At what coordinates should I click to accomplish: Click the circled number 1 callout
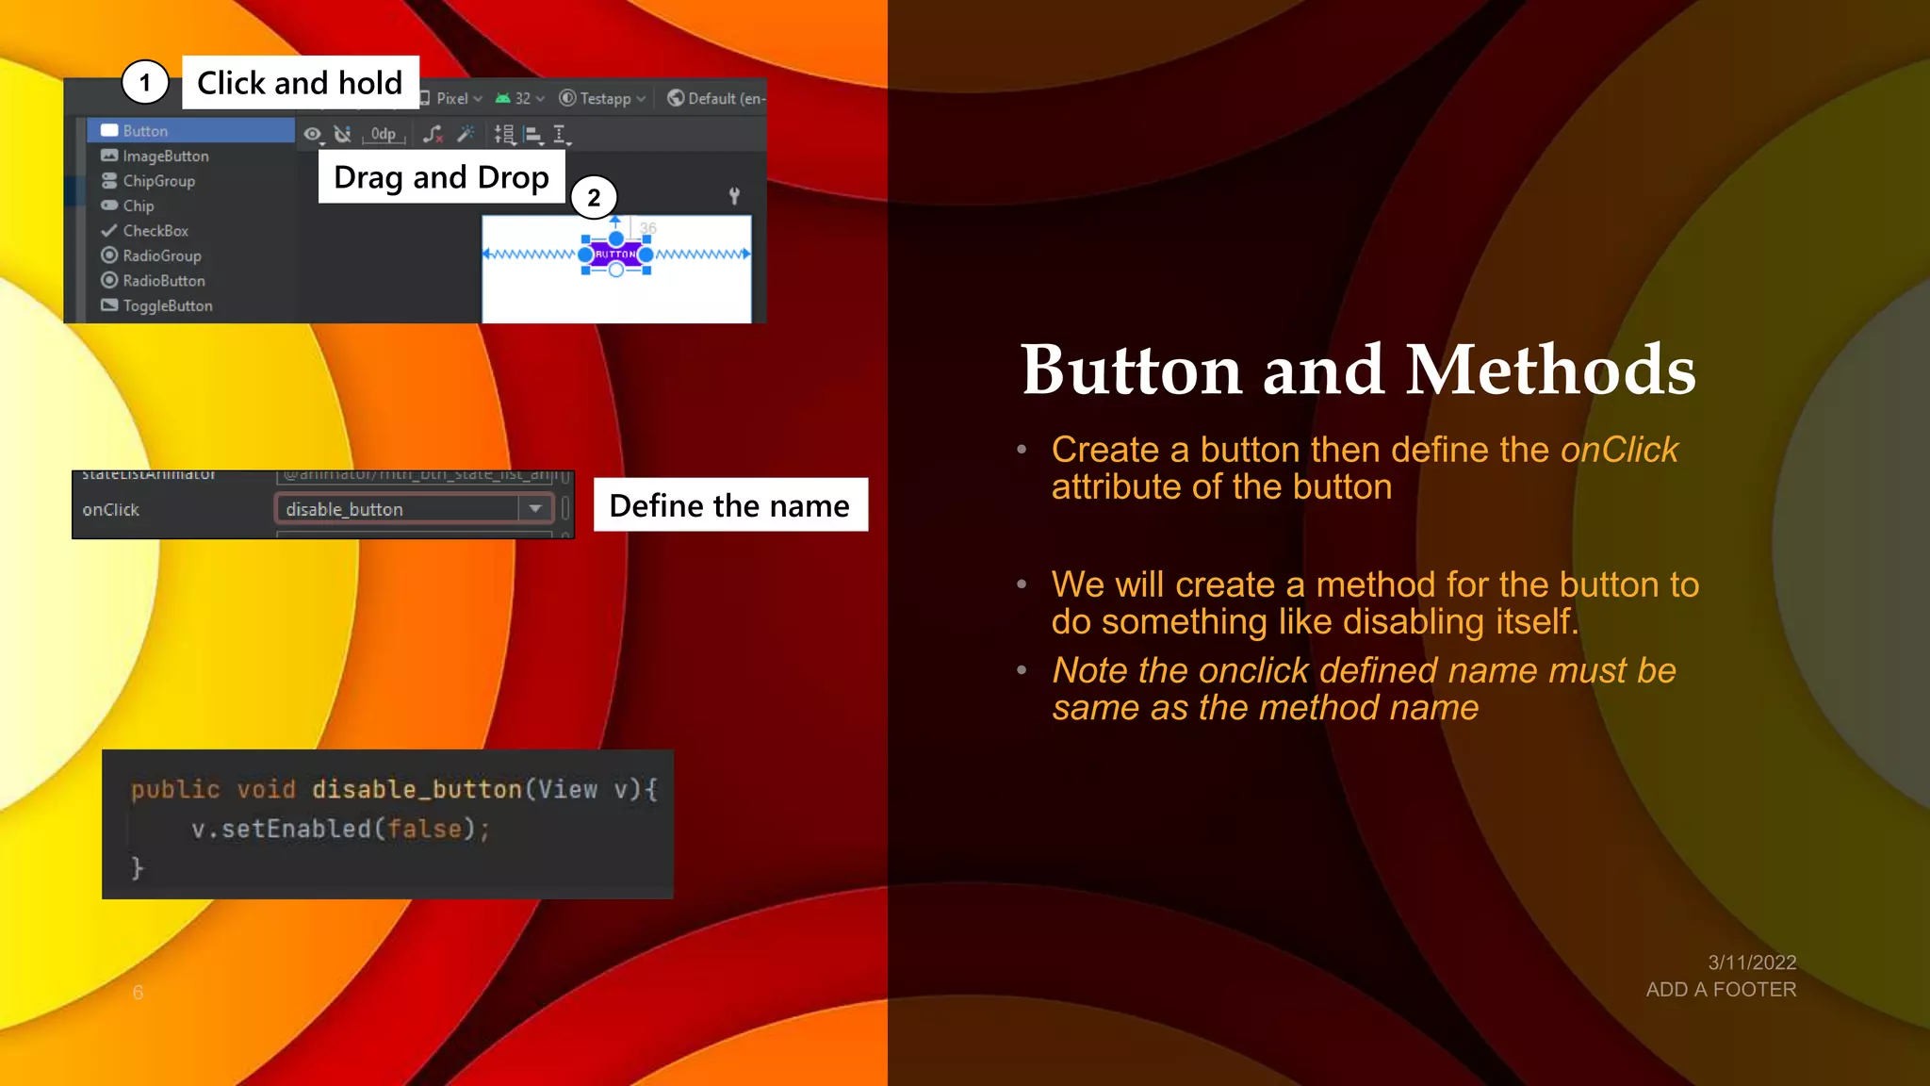tap(145, 83)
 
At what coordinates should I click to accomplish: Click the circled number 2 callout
tap(594, 198)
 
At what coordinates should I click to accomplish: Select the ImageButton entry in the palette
tap(165, 156)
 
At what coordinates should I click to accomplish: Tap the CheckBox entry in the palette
tap(155, 231)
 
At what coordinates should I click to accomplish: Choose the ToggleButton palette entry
tap(167, 305)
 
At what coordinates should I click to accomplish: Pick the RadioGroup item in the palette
tap(161, 255)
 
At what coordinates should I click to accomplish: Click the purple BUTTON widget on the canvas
tap(615, 255)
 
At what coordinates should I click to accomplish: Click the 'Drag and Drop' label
tap(441, 177)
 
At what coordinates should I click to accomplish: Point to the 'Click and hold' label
tap(300, 83)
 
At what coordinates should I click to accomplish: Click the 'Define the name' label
tap(729, 506)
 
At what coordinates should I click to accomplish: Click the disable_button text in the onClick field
tap(344, 510)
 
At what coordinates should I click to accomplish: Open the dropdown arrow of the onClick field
tap(535, 509)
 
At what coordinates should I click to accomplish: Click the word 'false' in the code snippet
tap(425, 829)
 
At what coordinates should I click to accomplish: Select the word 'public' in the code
tap(175, 789)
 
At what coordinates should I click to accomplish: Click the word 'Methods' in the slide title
tap(1550, 370)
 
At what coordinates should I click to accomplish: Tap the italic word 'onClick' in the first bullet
tap(1619, 450)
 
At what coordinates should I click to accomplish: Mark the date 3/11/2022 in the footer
tap(1752, 963)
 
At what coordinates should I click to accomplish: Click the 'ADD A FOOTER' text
tap(1721, 990)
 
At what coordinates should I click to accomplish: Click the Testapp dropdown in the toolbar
tap(603, 99)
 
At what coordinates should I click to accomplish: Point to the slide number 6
tap(138, 993)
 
